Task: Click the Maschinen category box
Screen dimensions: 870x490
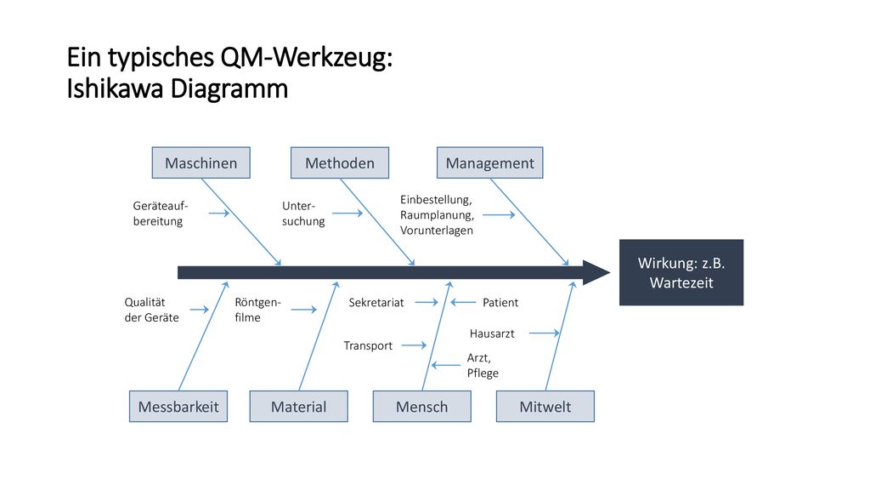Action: [201, 162]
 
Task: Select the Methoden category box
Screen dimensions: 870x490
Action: [340, 162]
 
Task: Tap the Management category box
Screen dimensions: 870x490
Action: [490, 162]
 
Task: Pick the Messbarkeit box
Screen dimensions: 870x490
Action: [178, 406]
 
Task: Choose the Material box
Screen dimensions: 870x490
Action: [298, 406]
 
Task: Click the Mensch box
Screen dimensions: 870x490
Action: [421, 406]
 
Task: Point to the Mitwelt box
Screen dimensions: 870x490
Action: [545, 406]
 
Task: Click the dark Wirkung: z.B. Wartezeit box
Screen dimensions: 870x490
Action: [681, 272]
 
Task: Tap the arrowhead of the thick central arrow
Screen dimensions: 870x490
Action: [596, 272]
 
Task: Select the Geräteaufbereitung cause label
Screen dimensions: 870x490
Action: [161, 214]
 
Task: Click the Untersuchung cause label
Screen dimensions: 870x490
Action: [303, 214]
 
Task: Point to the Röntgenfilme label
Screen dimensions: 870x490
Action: [257, 310]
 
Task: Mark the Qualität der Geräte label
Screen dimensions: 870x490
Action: [151, 310]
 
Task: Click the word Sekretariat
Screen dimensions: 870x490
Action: [376, 303]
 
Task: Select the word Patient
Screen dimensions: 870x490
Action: [500, 303]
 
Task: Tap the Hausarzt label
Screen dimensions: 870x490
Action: [492, 333]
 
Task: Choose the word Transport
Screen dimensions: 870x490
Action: [368, 345]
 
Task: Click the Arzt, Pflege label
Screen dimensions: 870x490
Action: [483, 365]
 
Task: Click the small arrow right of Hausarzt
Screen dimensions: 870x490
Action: [545, 333]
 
